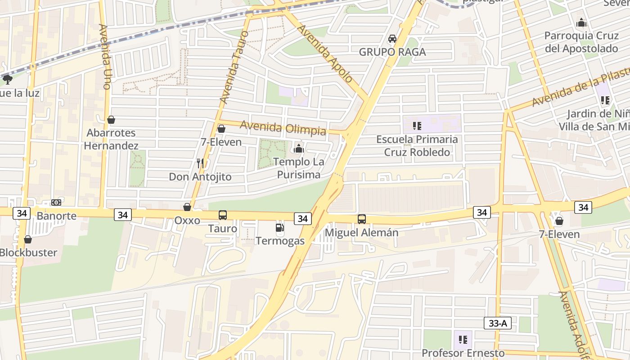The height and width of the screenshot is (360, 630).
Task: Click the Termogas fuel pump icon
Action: [279, 228]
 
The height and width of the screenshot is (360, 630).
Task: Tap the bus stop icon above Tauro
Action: [223, 215]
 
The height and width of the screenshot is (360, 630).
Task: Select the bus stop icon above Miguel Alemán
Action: [362, 219]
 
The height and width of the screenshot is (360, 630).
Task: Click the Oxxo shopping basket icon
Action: [187, 207]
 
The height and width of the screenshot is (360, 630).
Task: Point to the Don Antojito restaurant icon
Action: [200, 163]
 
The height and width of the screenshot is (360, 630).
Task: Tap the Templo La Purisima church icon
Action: [298, 148]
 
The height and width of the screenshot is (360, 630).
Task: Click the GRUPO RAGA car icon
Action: [392, 39]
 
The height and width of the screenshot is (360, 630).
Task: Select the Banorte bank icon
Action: [56, 202]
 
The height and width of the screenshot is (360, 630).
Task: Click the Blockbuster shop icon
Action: [28, 239]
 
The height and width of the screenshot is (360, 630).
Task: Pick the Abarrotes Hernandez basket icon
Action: [111, 120]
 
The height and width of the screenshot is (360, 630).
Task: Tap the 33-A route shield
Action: [498, 323]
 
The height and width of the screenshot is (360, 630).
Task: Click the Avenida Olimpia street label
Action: [283, 128]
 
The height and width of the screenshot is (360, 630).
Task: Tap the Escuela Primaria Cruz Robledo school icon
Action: [417, 126]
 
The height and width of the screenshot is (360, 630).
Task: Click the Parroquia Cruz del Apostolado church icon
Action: [581, 22]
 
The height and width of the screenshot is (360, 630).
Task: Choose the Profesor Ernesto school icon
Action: [463, 340]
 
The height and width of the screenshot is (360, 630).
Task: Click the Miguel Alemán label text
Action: [361, 233]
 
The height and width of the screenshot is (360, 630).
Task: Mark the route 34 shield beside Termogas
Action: [303, 219]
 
